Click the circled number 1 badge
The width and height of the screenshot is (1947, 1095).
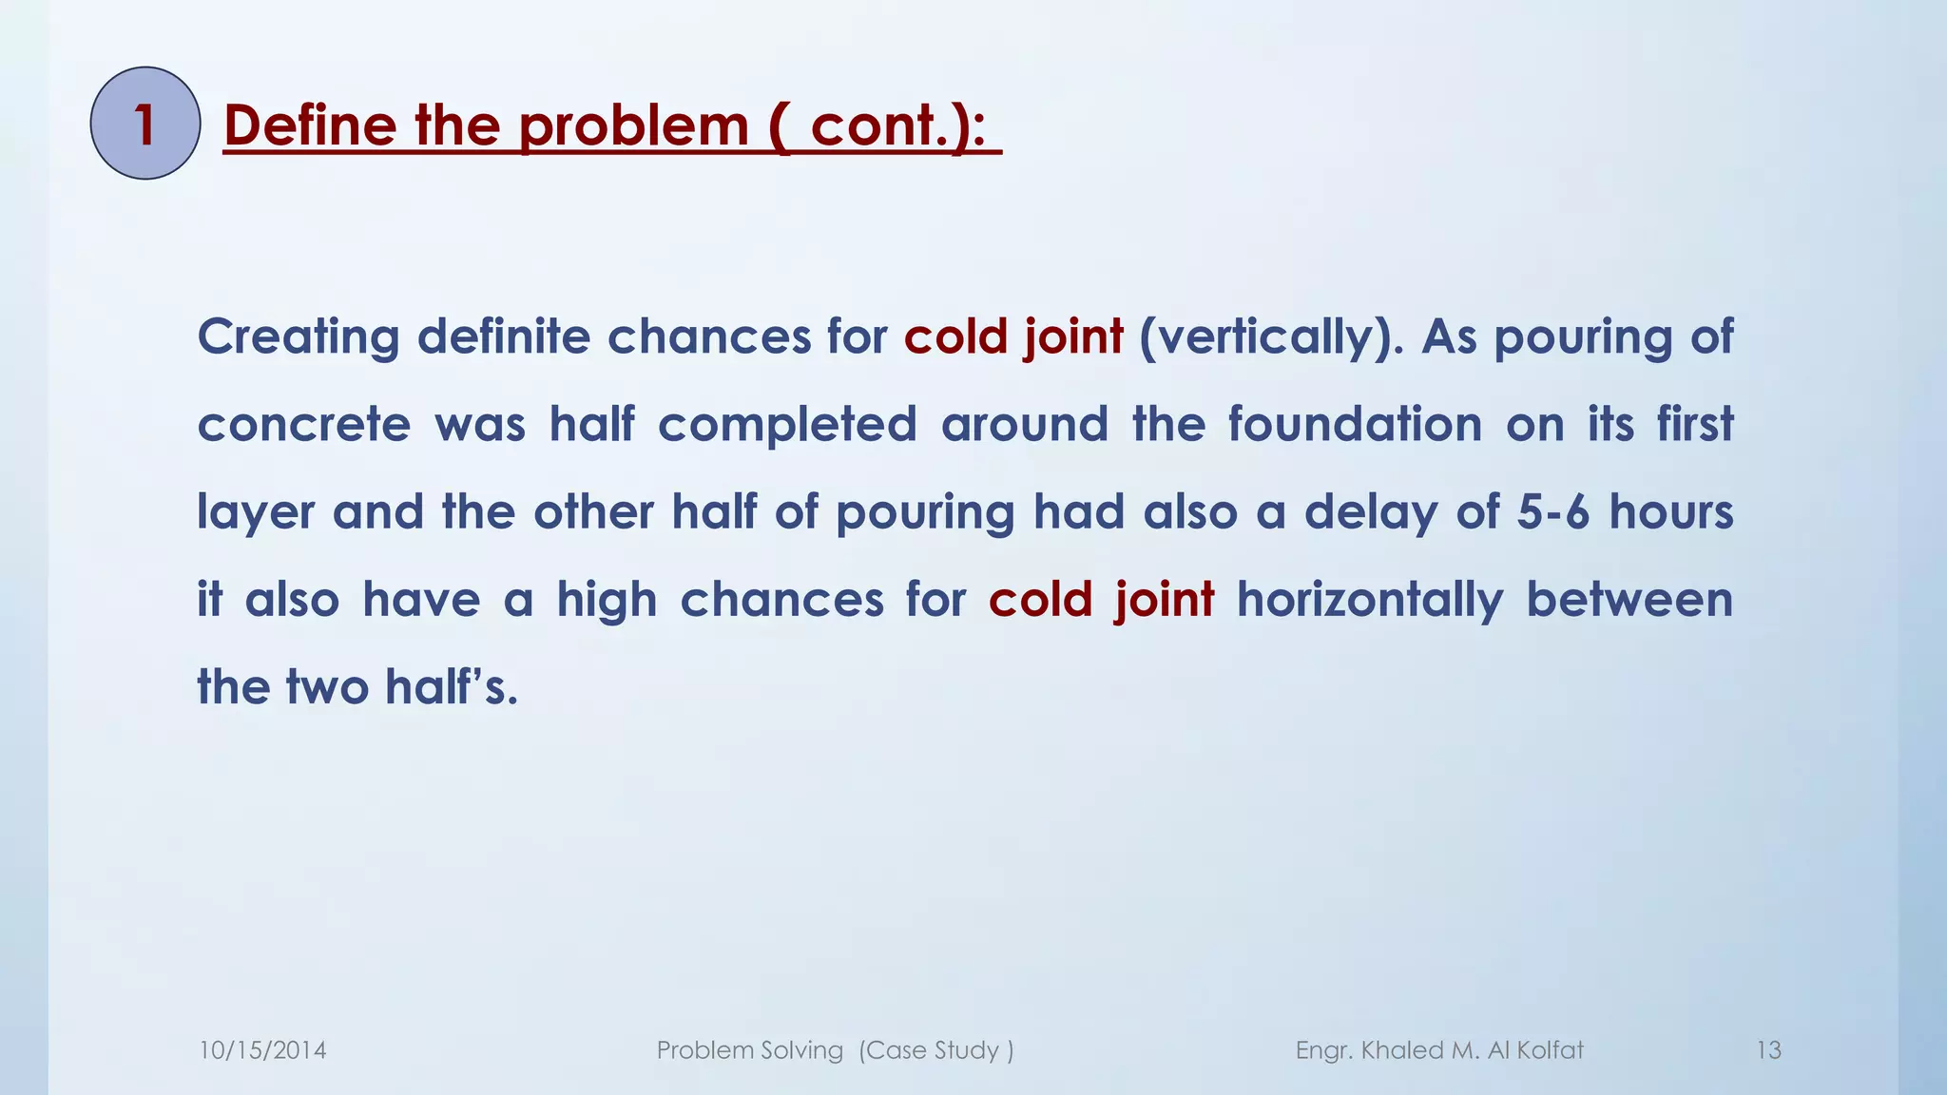(x=145, y=124)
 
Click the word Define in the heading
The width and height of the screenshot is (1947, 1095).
(x=310, y=125)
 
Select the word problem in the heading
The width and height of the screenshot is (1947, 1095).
(x=634, y=125)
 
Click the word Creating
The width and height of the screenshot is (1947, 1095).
(x=298, y=337)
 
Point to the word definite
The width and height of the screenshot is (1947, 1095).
(x=503, y=337)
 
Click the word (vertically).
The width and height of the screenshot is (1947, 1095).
(x=1271, y=337)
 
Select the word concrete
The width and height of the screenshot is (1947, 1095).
(x=304, y=425)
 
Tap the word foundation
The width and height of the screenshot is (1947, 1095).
(x=1355, y=425)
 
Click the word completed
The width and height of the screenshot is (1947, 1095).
(x=787, y=425)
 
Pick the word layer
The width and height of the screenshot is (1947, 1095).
(x=255, y=513)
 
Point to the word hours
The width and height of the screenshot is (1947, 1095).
(x=1671, y=512)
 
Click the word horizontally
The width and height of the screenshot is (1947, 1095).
(x=1370, y=601)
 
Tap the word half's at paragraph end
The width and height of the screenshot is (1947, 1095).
(x=452, y=687)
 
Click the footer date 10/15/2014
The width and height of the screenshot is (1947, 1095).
(x=262, y=1050)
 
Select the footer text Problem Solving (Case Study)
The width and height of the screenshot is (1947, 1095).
(x=835, y=1050)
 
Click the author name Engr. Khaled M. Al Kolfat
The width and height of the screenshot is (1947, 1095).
(x=1439, y=1050)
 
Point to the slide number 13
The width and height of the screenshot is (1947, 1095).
(x=1768, y=1050)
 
